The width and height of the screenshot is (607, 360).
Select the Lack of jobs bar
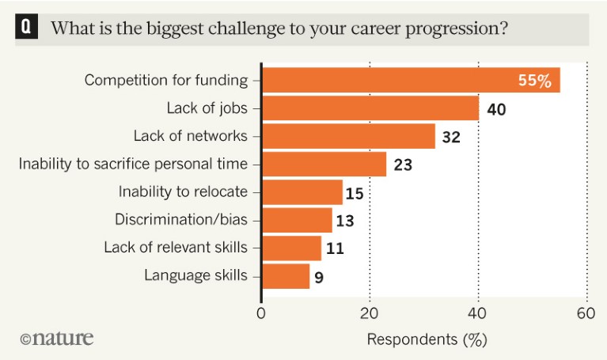tap(370, 108)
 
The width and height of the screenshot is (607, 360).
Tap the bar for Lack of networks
tap(348, 136)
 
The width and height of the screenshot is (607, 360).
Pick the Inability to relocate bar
tap(302, 191)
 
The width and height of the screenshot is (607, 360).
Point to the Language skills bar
tap(286, 276)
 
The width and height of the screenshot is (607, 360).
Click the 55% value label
tap(535, 81)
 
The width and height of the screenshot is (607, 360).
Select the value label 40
tap(496, 108)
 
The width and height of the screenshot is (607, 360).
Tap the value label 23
tap(403, 165)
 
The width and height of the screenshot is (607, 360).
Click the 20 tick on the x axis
tap(370, 313)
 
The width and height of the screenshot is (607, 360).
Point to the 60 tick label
tap(586, 313)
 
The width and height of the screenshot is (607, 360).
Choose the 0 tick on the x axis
tap(262, 313)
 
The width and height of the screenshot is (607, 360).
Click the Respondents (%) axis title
tap(427, 339)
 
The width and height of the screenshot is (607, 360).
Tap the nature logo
tap(57, 338)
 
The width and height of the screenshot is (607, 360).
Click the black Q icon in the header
tap(26, 28)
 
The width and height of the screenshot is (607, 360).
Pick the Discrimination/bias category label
tap(181, 220)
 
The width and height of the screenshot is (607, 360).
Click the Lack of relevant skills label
tap(176, 248)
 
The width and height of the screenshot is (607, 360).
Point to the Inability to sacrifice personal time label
tap(133, 164)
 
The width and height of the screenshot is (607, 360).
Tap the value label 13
tap(345, 221)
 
